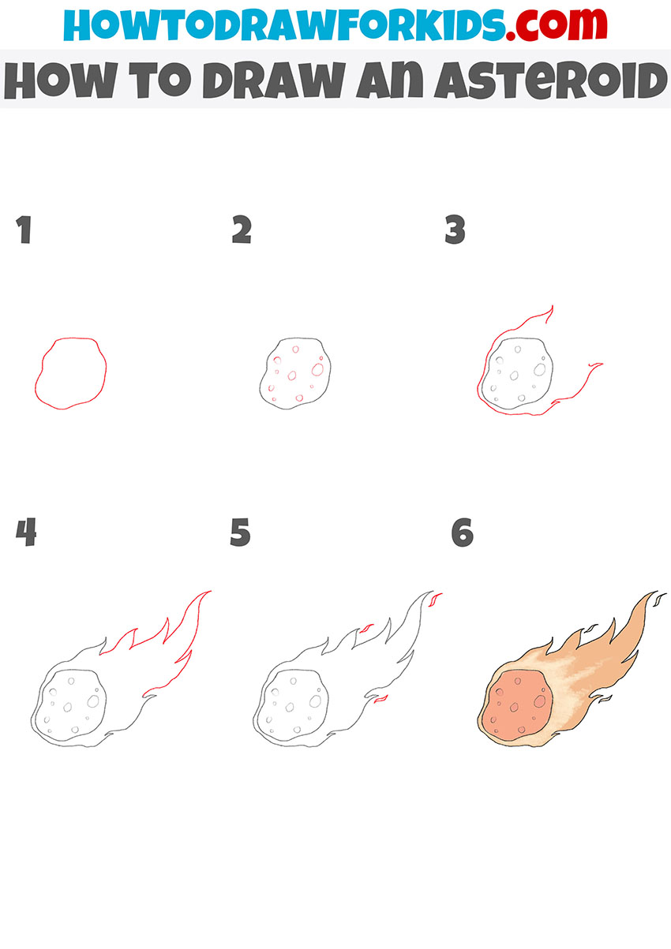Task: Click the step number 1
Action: pyautogui.click(x=24, y=230)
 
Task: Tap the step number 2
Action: pyautogui.click(x=241, y=230)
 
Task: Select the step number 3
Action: pyautogui.click(x=455, y=230)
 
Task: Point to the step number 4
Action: pyautogui.click(x=25, y=533)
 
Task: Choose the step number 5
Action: pyautogui.click(x=240, y=533)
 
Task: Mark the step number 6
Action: pyautogui.click(x=462, y=533)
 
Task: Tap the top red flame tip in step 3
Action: pyautogui.click(x=550, y=308)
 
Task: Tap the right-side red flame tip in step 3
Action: pyautogui.click(x=598, y=365)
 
